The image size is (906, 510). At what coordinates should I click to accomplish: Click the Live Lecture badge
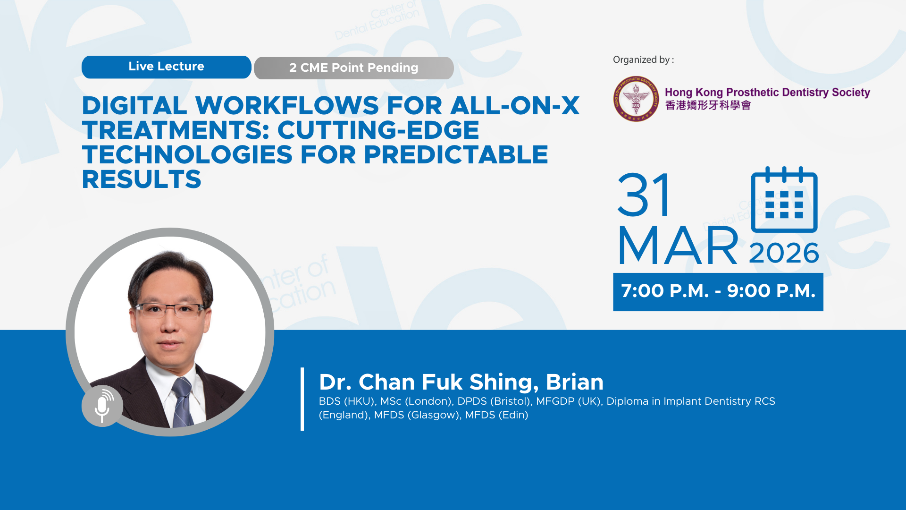pos(166,67)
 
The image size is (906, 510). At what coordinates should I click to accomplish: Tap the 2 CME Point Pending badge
pos(354,68)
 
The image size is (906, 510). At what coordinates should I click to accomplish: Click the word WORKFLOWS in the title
pos(287,105)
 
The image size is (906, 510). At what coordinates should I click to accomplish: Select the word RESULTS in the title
pos(142,179)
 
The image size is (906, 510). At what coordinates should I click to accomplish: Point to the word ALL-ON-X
pos(515,105)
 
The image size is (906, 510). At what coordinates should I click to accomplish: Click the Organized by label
pos(643,60)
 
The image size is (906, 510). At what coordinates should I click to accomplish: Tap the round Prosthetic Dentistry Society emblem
pos(636,99)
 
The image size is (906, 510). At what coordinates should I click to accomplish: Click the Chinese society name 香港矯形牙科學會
pos(708,105)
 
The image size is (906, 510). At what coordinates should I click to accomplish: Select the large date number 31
pos(644,195)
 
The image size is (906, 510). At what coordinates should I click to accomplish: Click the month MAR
pos(678,246)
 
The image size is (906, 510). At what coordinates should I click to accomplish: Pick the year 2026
pos(784,253)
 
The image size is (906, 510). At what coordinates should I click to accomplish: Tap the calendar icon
pos(784,199)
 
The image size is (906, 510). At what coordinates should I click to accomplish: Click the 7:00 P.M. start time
pos(665,291)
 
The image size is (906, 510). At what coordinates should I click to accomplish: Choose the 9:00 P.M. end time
pos(771,291)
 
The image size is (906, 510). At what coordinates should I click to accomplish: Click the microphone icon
pos(102,406)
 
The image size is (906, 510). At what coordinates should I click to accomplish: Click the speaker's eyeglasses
pos(170,310)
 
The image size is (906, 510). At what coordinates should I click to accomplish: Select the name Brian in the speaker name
pos(575,382)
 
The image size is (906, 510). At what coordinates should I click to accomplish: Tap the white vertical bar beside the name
pos(302,399)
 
